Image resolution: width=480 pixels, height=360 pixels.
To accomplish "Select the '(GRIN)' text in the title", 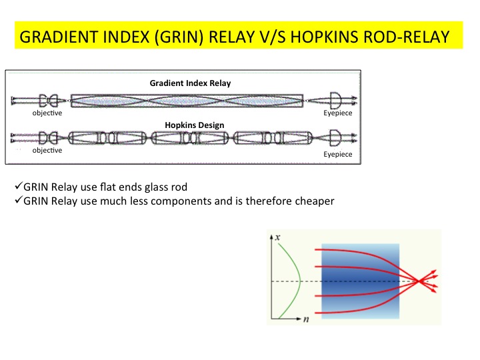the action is pos(179,37).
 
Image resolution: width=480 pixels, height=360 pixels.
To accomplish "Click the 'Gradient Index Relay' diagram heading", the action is pos(190,83).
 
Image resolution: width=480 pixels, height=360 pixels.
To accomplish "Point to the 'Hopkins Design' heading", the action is pos(195,125).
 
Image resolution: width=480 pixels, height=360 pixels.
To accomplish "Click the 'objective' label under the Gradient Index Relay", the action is pos(47,113).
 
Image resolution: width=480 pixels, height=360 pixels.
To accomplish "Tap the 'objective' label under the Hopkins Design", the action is pos(47,150).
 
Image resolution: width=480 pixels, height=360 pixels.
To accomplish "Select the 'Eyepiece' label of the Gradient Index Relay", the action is pos(337,113).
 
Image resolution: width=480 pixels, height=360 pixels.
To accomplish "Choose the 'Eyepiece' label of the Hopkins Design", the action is pos(337,154).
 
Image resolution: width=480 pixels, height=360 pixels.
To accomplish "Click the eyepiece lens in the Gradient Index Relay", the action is pos(335,100).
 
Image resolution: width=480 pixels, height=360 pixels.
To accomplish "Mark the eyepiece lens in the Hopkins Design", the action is pos(335,138).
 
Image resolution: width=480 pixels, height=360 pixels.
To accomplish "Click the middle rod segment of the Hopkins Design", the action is pos(190,138).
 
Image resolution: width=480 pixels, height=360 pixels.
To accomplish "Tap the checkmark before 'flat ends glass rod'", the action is pos(19,185).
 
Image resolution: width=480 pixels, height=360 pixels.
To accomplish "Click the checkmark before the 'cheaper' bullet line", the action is pos(19,200).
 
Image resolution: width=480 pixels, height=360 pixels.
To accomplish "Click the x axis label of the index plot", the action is pos(277,237).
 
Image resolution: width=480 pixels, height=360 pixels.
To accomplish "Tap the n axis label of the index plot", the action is pos(306,319).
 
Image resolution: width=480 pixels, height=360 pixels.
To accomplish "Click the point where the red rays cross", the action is pos(419,281).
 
